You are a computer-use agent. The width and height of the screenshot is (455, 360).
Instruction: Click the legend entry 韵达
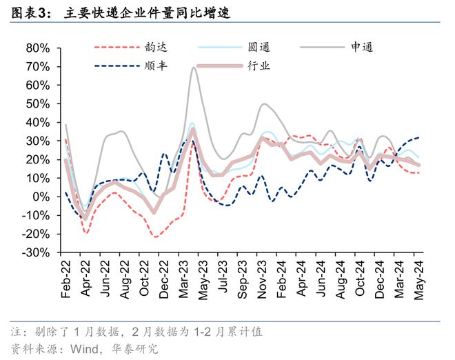pyautogui.click(x=152, y=48)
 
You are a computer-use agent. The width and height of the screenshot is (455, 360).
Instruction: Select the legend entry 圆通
pyautogui.click(x=259, y=48)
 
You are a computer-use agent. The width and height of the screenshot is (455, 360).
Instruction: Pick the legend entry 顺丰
pyautogui.click(x=152, y=66)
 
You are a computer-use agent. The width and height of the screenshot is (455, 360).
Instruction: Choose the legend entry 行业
pyautogui.click(x=259, y=66)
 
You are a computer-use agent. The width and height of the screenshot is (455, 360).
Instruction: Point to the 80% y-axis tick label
pyautogui.click(x=37, y=48)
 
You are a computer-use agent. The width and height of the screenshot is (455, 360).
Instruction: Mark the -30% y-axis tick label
pyautogui.click(x=35, y=252)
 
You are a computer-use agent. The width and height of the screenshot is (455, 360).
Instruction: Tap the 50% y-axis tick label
pyautogui.click(x=37, y=104)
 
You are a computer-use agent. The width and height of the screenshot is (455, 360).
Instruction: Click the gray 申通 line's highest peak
pyautogui.click(x=192, y=68)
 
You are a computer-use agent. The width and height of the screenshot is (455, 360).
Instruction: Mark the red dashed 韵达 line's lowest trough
pyautogui.click(x=156, y=237)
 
